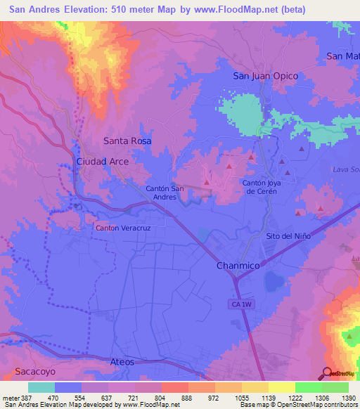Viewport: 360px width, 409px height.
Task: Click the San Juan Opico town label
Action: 265,76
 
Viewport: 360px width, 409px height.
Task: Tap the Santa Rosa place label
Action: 127,141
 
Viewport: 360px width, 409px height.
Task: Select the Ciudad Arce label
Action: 102,162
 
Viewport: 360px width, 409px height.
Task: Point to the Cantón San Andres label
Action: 165,193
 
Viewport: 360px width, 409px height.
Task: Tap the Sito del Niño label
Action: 288,236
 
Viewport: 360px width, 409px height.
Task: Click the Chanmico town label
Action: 238,267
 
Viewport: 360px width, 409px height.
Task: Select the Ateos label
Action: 122,361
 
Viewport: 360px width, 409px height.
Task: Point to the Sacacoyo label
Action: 34,369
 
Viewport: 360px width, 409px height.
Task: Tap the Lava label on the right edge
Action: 345,170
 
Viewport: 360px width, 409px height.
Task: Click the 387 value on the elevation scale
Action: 24,398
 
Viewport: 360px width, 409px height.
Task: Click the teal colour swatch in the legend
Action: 41,387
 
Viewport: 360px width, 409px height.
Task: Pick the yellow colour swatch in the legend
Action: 281,387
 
